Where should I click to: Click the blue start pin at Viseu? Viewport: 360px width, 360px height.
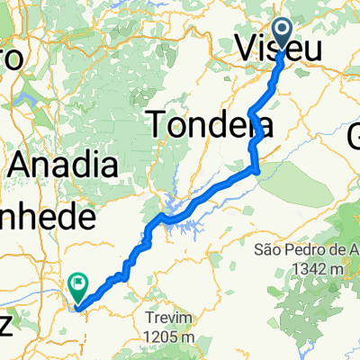click(282, 34)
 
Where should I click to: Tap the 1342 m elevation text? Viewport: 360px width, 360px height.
click(311, 268)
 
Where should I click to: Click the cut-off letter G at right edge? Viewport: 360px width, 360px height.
click(353, 137)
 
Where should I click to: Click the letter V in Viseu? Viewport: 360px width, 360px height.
click(245, 49)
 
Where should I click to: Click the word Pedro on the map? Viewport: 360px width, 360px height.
click(303, 248)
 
